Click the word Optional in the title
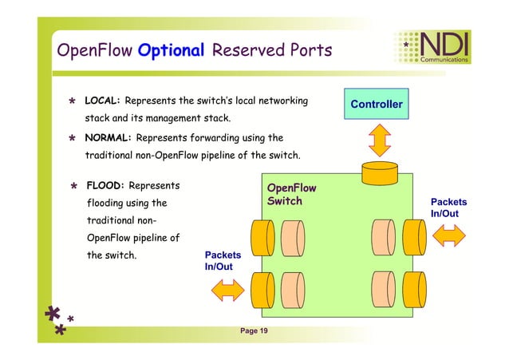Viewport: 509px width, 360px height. click(x=171, y=51)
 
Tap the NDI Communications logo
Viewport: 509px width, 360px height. click(x=439, y=47)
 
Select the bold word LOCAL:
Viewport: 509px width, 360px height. click(x=102, y=101)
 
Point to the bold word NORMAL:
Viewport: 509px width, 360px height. click(x=108, y=136)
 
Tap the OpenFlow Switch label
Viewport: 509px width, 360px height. click(x=291, y=195)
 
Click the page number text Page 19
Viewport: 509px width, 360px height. click(x=254, y=331)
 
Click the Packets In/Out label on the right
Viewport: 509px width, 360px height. click(x=448, y=208)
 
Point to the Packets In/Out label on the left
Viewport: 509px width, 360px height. click(x=223, y=260)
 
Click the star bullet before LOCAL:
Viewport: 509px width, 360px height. click(x=72, y=102)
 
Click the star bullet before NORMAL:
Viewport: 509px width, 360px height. click(x=72, y=137)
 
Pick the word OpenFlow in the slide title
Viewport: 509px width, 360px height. click(x=93, y=51)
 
